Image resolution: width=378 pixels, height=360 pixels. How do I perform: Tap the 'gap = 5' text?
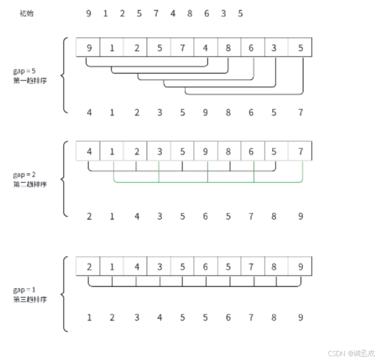tap(24, 71)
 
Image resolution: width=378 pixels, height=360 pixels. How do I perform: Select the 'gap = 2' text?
tap(24, 175)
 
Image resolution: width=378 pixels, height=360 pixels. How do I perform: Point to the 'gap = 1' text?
tap(24, 290)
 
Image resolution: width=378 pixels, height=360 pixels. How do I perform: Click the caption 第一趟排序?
tap(30, 80)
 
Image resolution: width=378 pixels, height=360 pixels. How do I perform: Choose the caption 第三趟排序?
tap(30, 299)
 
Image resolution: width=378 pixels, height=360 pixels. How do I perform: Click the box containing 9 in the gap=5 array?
tap(89, 48)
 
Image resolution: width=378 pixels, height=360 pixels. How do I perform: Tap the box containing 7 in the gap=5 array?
tap(182, 48)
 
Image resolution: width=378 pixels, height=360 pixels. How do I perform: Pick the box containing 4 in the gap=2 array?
tap(89, 151)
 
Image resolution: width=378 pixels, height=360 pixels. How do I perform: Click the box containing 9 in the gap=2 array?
tap(205, 151)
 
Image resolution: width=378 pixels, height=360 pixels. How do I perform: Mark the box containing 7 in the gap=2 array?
tap(300, 151)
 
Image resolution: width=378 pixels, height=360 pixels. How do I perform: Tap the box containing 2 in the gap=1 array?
tap(89, 267)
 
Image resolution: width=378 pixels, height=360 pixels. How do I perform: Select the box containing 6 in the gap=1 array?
tap(205, 267)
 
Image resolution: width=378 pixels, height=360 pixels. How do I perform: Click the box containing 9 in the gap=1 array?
tap(300, 267)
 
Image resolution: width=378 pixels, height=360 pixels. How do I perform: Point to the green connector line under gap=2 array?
tap(207, 182)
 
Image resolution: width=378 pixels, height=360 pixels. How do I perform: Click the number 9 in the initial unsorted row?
tap(89, 13)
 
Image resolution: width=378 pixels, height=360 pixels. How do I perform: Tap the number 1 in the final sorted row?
tap(89, 318)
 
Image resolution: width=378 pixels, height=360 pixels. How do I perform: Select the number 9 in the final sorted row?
tap(300, 318)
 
